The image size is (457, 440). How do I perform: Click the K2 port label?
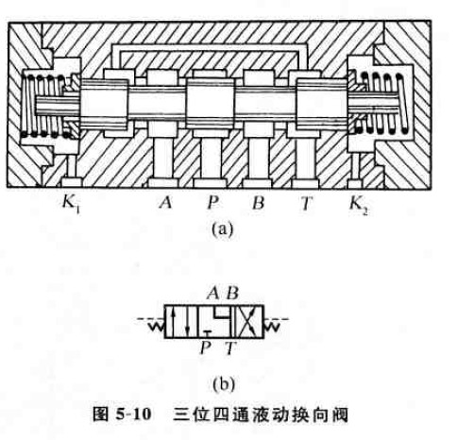pos(359,204)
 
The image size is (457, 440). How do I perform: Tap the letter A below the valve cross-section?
pos(166,202)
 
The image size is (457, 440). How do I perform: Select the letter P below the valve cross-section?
pos(212,202)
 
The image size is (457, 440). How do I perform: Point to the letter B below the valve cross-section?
pos(258,202)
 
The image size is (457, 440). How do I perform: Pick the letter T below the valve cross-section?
pos(305,203)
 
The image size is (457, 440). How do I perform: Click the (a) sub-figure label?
pos(223,229)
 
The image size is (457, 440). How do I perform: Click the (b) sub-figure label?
pos(223,384)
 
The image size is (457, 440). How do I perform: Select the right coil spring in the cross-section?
pos(381,103)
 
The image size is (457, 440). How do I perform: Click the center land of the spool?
pos(211,104)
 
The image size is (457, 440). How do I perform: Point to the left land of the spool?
pos(105,104)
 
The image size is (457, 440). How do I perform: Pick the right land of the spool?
pos(322,104)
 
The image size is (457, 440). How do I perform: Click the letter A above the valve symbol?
pos(213,294)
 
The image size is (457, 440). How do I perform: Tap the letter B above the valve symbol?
pos(232,294)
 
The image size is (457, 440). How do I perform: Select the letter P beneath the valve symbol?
pos(205,348)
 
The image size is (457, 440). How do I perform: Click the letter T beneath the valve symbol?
pos(230,348)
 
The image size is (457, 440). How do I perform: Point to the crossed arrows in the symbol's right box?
pos(248,322)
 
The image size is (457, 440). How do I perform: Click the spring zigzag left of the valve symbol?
pos(156,327)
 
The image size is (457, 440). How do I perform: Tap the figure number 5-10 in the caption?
pos(133,415)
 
